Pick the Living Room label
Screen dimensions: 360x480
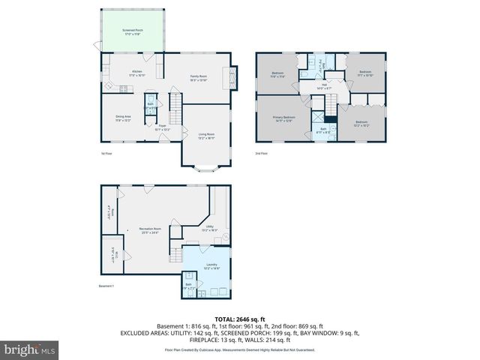click(205, 136)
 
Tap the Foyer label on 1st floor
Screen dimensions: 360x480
click(162, 127)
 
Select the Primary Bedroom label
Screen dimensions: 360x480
click(283, 118)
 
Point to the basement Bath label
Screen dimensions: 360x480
click(188, 285)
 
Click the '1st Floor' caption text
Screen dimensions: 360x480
click(106, 154)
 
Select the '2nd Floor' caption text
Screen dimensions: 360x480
click(262, 154)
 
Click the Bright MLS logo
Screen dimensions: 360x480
click(30, 349)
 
